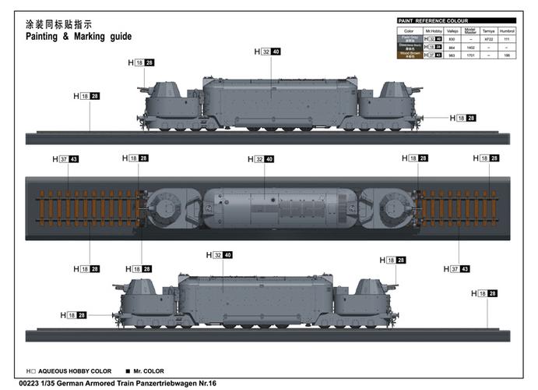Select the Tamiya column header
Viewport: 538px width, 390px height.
487,30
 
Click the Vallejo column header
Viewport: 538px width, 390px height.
452,30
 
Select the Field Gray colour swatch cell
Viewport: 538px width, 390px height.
410,38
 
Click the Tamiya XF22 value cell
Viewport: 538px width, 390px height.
487,38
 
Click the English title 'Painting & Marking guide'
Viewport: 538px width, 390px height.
79,36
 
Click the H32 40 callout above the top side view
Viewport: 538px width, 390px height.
267,51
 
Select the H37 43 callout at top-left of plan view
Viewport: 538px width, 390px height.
65,159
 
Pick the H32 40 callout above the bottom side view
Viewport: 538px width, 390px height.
220,255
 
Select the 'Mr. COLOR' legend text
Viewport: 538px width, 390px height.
148,371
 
